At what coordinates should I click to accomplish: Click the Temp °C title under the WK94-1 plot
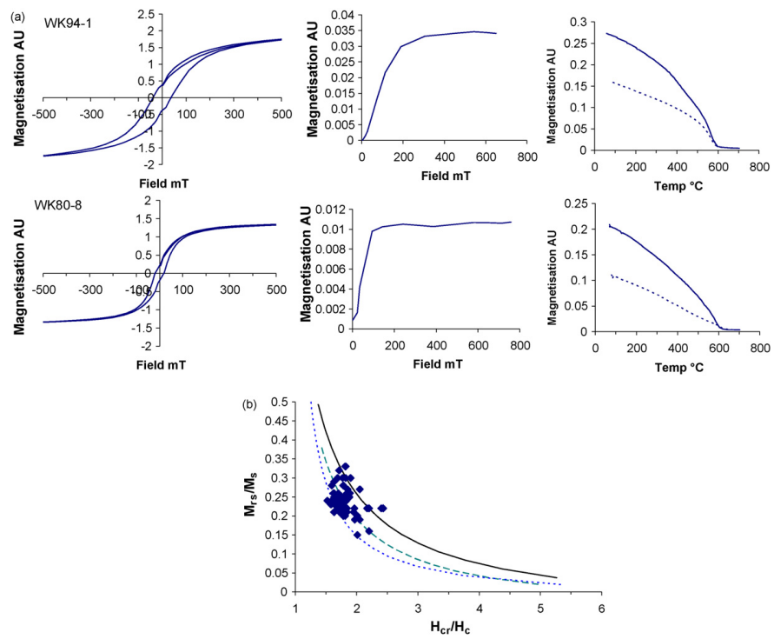click(675, 184)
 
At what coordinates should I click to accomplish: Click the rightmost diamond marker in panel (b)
click(382, 508)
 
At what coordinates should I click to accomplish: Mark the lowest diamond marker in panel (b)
click(357, 535)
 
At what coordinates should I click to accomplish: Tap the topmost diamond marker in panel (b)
click(344, 467)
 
